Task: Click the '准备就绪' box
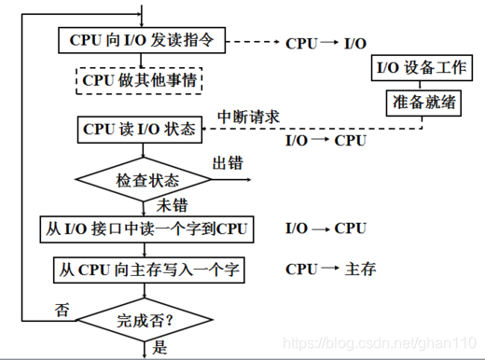tap(422, 102)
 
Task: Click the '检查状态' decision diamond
tap(147, 178)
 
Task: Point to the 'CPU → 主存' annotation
tap(330, 270)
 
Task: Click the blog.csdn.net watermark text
tap(382, 342)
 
